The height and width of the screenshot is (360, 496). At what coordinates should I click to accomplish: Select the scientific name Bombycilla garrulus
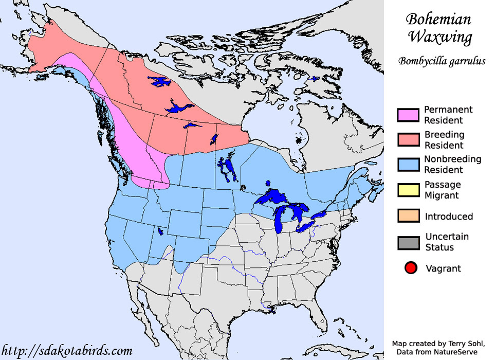[442, 61]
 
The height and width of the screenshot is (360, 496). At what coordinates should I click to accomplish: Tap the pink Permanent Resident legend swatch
[408, 115]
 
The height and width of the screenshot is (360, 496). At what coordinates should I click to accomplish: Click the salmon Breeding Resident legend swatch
[408, 140]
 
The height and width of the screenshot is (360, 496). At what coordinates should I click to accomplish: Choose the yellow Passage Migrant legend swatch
[408, 190]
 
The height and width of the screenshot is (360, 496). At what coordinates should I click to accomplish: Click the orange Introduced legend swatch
[408, 216]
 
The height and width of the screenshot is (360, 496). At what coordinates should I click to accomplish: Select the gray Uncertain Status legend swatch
[408, 242]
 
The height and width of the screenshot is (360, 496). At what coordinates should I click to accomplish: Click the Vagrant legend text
[443, 268]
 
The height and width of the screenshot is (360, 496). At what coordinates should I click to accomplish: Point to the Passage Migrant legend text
[442, 190]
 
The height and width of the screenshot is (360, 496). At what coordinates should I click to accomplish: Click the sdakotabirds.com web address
[67, 351]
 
